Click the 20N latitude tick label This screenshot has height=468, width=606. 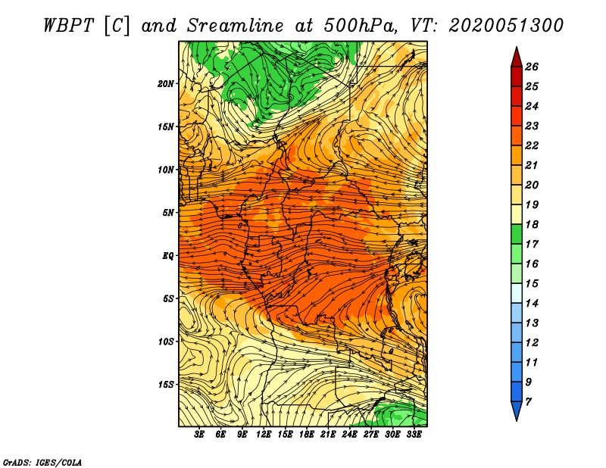(166, 84)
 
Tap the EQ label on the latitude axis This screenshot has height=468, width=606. (168, 256)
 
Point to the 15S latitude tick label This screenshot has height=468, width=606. (166, 385)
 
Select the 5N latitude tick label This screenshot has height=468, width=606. (168, 213)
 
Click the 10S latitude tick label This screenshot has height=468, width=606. (166, 342)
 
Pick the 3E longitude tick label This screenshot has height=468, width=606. (199, 435)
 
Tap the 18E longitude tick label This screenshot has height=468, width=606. (307, 435)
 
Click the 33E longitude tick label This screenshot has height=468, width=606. (414, 435)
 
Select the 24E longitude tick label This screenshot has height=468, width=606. (349, 435)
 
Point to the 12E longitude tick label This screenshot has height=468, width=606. (264, 435)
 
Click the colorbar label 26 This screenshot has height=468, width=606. (532, 67)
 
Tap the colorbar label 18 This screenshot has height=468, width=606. (532, 224)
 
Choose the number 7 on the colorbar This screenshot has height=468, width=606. (529, 402)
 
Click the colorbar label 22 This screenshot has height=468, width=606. (532, 145)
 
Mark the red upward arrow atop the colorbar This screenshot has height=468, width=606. (517, 58)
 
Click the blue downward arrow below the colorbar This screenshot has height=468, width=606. (517, 411)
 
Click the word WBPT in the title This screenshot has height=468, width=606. (69, 26)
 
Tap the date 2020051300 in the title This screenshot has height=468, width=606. (506, 26)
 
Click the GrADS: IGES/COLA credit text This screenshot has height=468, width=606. (42, 463)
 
